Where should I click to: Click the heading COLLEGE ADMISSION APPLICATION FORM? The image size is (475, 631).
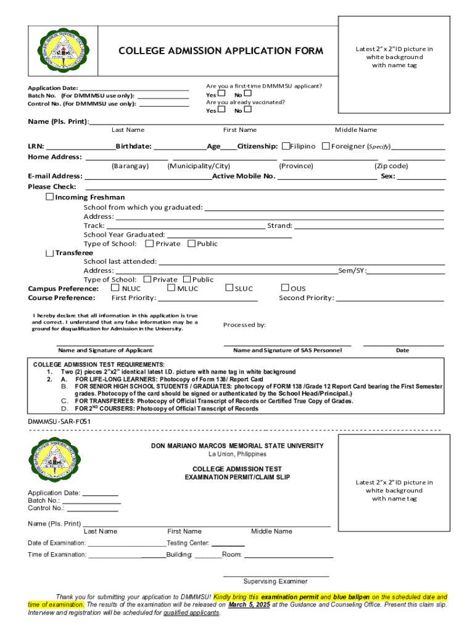(x=220, y=51)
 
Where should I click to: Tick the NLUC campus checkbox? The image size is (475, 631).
(x=115, y=288)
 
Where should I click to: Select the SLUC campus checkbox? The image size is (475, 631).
(x=229, y=288)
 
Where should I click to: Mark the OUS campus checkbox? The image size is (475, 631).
(x=286, y=288)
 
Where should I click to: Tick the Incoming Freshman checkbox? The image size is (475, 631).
(x=50, y=197)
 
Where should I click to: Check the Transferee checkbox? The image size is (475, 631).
(x=50, y=253)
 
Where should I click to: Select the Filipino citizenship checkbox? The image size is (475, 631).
(x=286, y=147)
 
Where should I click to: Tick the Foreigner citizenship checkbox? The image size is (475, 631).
(x=326, y=147)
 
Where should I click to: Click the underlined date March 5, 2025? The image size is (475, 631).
(x=249, y=605)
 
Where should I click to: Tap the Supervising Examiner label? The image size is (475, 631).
(x=275, y=581)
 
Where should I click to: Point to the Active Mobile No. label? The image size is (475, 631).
(x=244, y=176)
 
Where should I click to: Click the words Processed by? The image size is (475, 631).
(x=244, y=325)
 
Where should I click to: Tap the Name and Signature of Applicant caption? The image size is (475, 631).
(x=105, y=350)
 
